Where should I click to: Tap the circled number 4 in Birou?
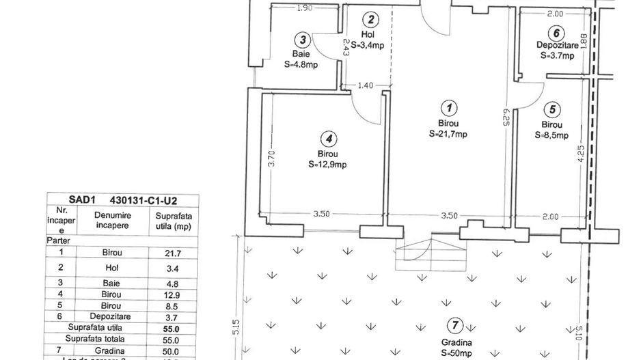coord(331,139)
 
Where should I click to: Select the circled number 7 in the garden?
coord(451,325)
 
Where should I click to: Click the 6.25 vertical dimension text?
coord(506,124)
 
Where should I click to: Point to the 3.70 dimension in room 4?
coord(271,159)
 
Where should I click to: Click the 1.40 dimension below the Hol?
coord(366,85)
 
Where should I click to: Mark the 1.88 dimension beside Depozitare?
coord(583,42)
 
